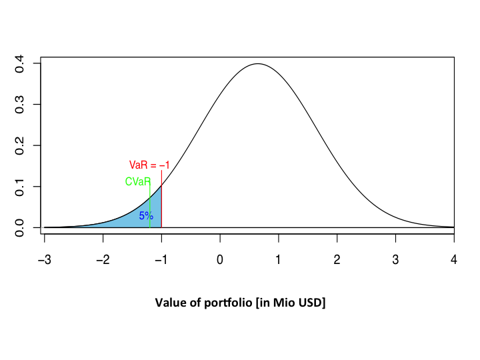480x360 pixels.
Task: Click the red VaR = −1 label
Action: pyautogui.click(x=149, y=165)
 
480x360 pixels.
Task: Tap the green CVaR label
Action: pyautogui.click(x=137, y=181)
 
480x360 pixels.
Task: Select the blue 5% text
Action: pyautogui.click(x=146, y=215)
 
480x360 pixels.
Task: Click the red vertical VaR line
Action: pyautogui.click(x=161, y=200)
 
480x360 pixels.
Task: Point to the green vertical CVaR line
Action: pyautogui.click(x=150, y=207)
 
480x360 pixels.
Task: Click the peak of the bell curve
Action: pyautogui.click(x=257, y=64)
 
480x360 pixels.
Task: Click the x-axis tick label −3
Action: pyautogui.click(x=44, y=259)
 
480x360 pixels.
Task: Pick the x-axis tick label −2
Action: pyautogui.click(x=103, y=259)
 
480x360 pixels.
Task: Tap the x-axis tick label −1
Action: pyautogui.click(x=161, y=259)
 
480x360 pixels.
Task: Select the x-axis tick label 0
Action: pyautogui.click(x=220, y=259)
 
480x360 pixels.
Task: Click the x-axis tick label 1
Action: pyautogui.click(x=279, y=259)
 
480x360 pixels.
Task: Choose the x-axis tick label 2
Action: pyautogui.click(x=337, y=259)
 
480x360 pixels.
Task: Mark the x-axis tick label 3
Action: pyautogui.click(x=395, y=259)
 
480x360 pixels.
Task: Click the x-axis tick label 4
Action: pyautogui.click(x=454, y=259)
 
